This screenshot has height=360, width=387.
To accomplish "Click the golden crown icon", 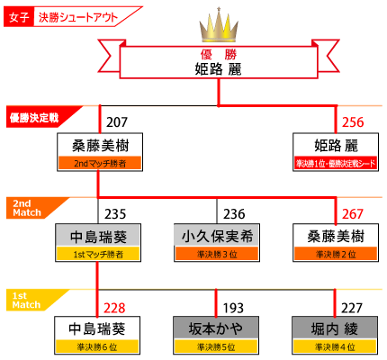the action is (219, 25).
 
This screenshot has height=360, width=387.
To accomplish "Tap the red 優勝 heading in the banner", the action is (219, 55).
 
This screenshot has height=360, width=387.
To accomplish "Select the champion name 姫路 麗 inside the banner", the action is (218, 69).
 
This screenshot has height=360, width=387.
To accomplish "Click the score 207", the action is (117, 122).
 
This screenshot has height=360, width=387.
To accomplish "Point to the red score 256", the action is (353, 122).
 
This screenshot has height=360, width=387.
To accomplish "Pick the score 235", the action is (115, 214).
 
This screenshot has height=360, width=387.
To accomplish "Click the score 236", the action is (234, 214).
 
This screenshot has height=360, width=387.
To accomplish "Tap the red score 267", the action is (353, 214).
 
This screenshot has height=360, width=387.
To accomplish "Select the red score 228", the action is (114, 308).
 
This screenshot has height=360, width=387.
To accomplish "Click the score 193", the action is (233, 308).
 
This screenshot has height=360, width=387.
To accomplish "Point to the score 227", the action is (352, 308).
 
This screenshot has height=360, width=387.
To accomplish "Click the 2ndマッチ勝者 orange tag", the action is (100, 163).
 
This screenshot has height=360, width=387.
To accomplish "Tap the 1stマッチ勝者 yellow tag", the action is (98, 255).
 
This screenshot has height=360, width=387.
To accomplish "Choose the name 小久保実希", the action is (217, 237).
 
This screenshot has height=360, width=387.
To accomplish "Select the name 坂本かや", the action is (216, 328).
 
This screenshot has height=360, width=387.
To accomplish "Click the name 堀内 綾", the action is (335, 328).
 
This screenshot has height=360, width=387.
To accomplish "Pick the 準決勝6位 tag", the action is (97, 346).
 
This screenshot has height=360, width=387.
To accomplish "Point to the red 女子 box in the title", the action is (19, 17).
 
